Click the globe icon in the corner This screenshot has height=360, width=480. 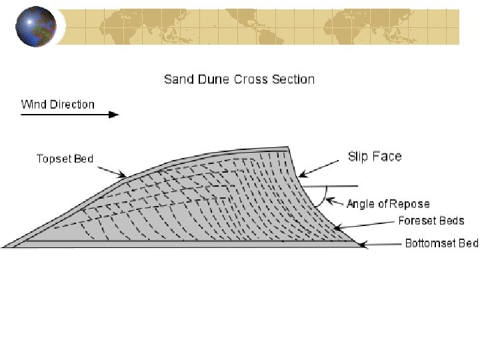35,27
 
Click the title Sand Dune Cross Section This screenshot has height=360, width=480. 239,79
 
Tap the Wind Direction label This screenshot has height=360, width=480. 58,105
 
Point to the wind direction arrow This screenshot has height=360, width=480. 69,115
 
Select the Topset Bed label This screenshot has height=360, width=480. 65,159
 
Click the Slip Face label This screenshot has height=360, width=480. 375,157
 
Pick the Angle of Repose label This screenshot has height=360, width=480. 388,204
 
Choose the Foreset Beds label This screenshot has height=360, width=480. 431,221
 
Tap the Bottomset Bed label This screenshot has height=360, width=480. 441,243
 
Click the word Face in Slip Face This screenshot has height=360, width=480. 388,157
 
